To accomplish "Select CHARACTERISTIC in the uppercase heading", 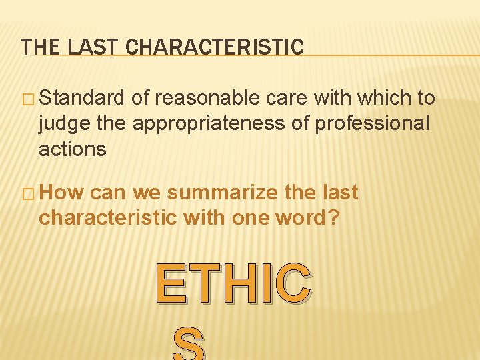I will [215, 47].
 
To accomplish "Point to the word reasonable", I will [208, 98].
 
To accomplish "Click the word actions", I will [73, 149].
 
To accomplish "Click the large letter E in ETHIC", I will [171, 283].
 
